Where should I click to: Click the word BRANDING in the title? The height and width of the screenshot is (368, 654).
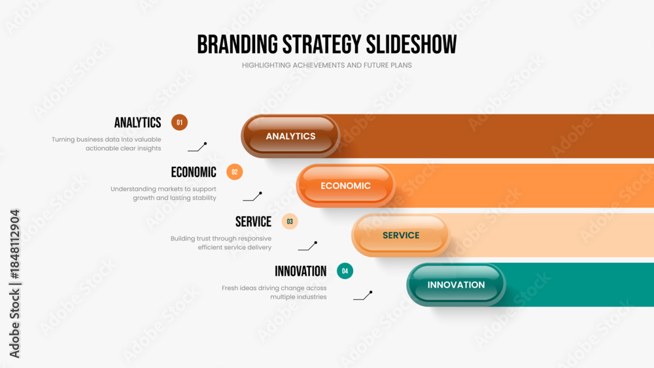237,44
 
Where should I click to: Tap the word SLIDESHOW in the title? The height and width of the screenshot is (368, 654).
411,44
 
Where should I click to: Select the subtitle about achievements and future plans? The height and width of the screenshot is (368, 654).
326,65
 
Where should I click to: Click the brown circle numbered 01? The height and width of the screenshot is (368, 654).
179,122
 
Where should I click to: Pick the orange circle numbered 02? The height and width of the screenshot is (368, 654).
234,172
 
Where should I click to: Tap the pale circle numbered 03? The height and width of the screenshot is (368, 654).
290,222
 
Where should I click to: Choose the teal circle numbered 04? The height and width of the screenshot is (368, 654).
345,271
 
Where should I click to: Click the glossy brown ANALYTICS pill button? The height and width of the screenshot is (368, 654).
290,136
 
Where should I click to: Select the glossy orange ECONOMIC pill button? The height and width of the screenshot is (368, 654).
345,186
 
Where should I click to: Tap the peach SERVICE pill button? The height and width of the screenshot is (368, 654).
400,235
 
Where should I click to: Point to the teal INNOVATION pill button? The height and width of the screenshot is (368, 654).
456,284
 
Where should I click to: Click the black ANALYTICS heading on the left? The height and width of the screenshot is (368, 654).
137,122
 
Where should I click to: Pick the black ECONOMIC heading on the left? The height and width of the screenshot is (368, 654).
194,172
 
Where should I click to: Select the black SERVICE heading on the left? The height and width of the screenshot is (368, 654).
253,222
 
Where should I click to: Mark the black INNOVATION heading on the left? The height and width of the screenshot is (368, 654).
300,271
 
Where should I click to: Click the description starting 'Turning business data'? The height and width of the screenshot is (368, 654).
107,144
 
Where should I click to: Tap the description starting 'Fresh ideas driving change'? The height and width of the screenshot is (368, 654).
274,293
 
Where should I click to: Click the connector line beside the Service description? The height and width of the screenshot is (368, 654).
308,246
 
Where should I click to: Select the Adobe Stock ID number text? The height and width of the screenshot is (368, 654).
14,244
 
